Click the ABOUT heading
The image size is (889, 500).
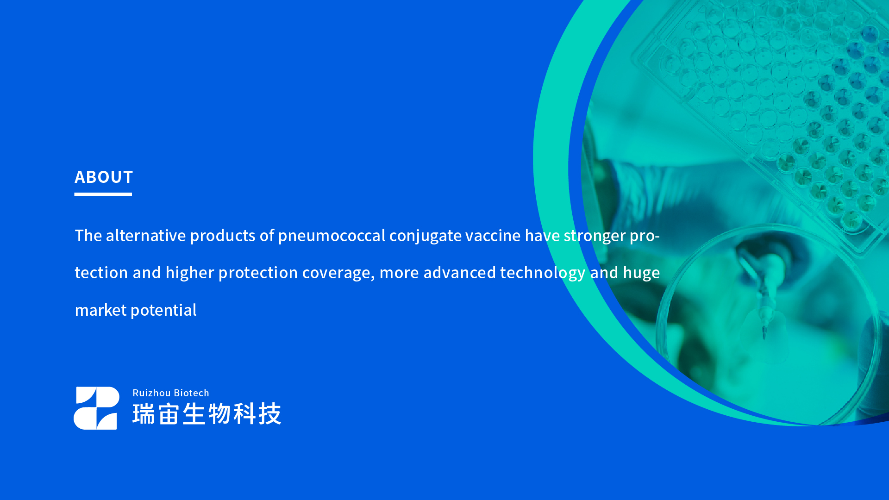[x=104, y=177]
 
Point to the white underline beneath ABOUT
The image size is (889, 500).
[x=103, y=194]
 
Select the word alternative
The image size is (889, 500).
[x=146, y=236]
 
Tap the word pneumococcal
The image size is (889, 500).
[x=332, y=236]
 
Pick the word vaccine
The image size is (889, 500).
[x=493, y=236]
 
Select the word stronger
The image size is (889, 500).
[x=595, y=236]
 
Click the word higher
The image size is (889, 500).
[x=190, y=273]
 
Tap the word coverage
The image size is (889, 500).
[x=338, y=273]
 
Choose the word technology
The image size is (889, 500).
[x=543, y=273]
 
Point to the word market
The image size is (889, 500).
[x=100, y=310]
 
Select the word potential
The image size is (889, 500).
[x=163, y=310]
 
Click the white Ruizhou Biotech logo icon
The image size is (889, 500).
[x=96, y=408]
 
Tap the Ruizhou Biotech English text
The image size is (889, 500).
[x=171, y=393]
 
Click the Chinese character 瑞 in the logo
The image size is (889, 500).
[x=144, y=413]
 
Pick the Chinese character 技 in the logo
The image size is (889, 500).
[x=270, y=413]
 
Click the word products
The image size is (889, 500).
[x=223, y=236]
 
